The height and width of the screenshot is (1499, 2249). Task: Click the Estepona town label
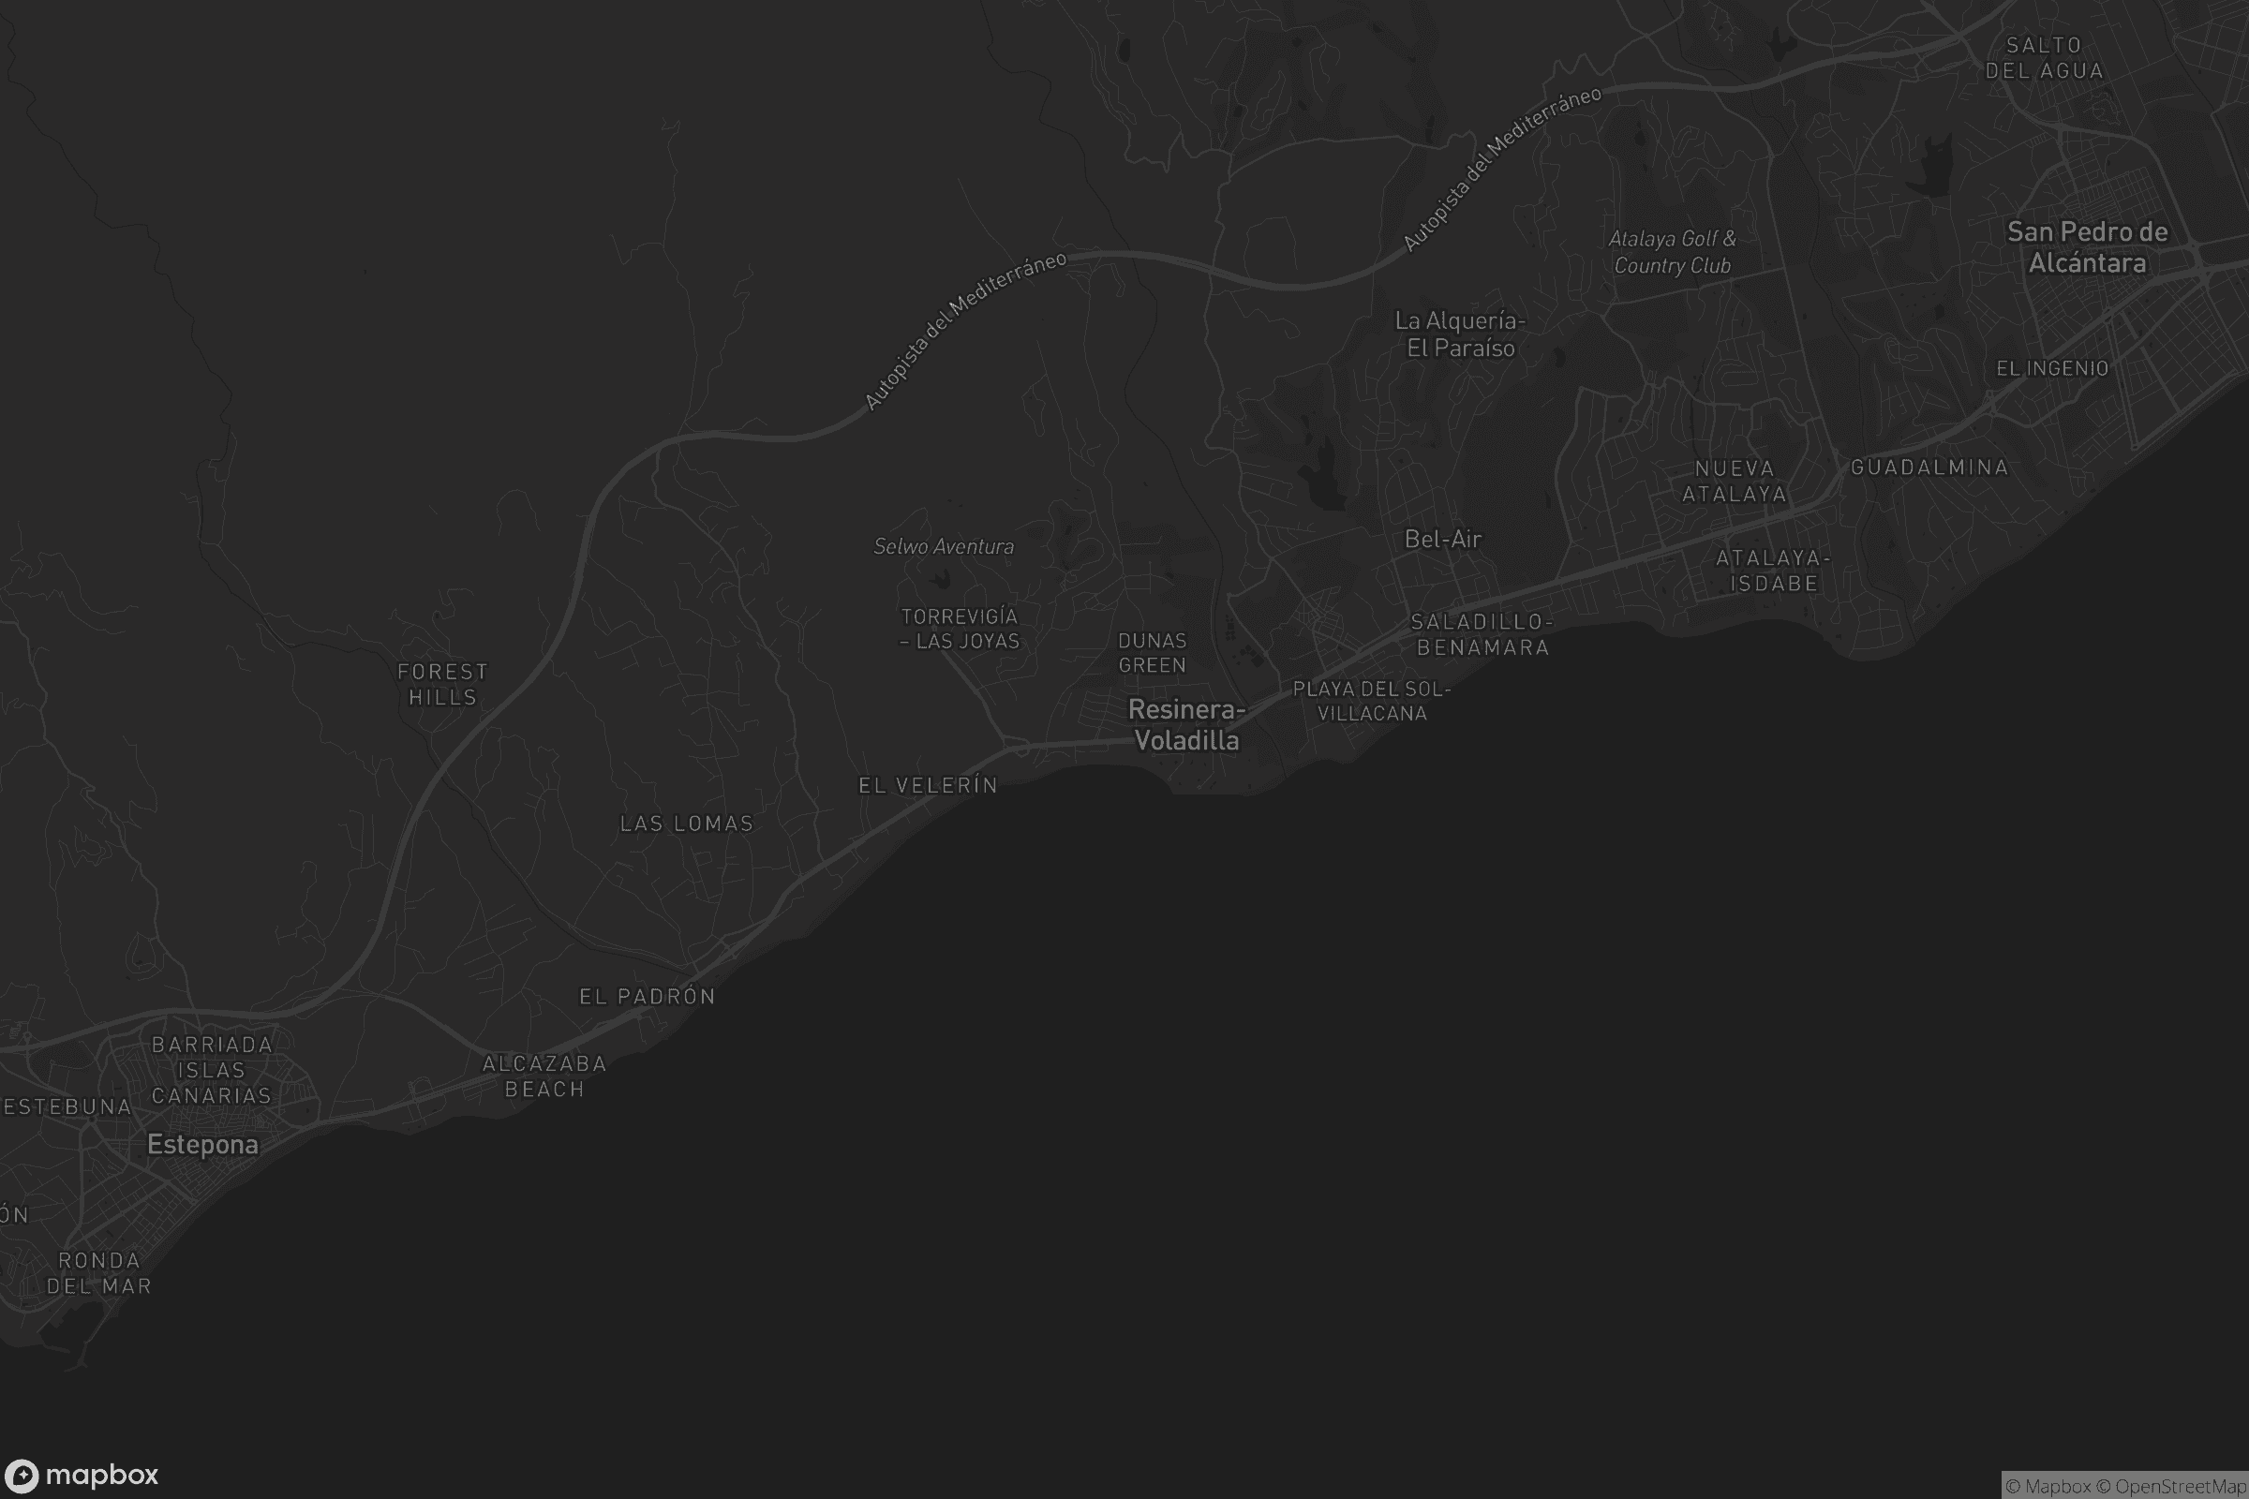[202, 1144]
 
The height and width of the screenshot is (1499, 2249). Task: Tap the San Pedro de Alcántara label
[2088, 246]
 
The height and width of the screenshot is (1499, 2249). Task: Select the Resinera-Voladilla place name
[1186, 724]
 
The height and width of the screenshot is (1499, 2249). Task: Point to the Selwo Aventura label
[944, 547]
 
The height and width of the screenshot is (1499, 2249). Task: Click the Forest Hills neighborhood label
[442, 685]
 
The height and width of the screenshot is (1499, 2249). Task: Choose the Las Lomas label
[687, 824]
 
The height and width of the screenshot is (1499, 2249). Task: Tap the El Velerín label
[928, 785]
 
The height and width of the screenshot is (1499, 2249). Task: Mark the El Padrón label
[648, 996]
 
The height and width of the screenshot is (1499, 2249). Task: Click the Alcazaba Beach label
[544, 1076]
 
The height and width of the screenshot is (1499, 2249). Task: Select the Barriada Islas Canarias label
[212, 1070]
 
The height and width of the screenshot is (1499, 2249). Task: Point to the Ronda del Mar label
[99, 1272]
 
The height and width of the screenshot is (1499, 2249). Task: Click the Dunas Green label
[1153, 653]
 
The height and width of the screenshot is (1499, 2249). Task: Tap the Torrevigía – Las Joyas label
[960, 629]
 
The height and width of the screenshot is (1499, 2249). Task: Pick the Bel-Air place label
[1443, 540]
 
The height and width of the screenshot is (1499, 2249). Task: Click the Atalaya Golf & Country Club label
[1673, 252]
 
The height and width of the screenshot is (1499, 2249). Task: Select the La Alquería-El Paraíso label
[1460, 334]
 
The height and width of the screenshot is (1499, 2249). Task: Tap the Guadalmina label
[1929, 468]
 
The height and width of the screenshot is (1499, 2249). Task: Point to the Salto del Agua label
[2045, 58]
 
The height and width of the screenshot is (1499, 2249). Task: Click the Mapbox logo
[81, 1475]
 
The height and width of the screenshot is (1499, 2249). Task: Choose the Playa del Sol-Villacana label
[1371, 701]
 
